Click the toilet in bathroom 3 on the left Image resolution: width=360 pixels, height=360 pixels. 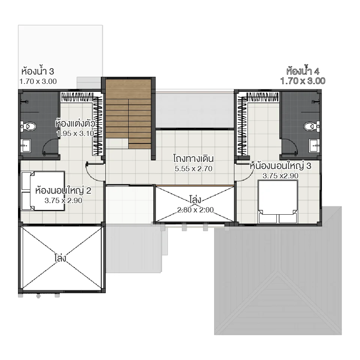(x=28, y=126)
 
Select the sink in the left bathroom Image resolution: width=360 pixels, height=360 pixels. (x=26, y=145)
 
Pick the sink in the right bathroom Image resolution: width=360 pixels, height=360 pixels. (x=313, y=145)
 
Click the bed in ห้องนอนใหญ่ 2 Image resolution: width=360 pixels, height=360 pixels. (x=42, y=191)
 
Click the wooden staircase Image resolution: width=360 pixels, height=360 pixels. (x=128, y=112)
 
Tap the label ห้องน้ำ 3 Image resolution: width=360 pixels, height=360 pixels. (x=38, y=71)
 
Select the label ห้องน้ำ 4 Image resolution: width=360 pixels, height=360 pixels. (x=302, y=71)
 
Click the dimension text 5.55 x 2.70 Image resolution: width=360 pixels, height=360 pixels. (x=193, y=169)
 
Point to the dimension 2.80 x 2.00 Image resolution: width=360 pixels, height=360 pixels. (x=195, y=210)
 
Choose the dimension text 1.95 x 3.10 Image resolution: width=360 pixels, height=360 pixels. (x=75, y=133)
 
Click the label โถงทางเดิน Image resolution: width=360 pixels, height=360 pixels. (x=193, y=158)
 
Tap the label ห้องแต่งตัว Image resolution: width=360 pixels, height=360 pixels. (x=77, y=123)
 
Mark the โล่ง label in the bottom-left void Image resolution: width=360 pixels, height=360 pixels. (x=60, y=258)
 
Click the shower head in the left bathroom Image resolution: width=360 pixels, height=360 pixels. (x=27, y=101)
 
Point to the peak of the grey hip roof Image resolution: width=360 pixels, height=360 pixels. (x=277, y=273)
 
